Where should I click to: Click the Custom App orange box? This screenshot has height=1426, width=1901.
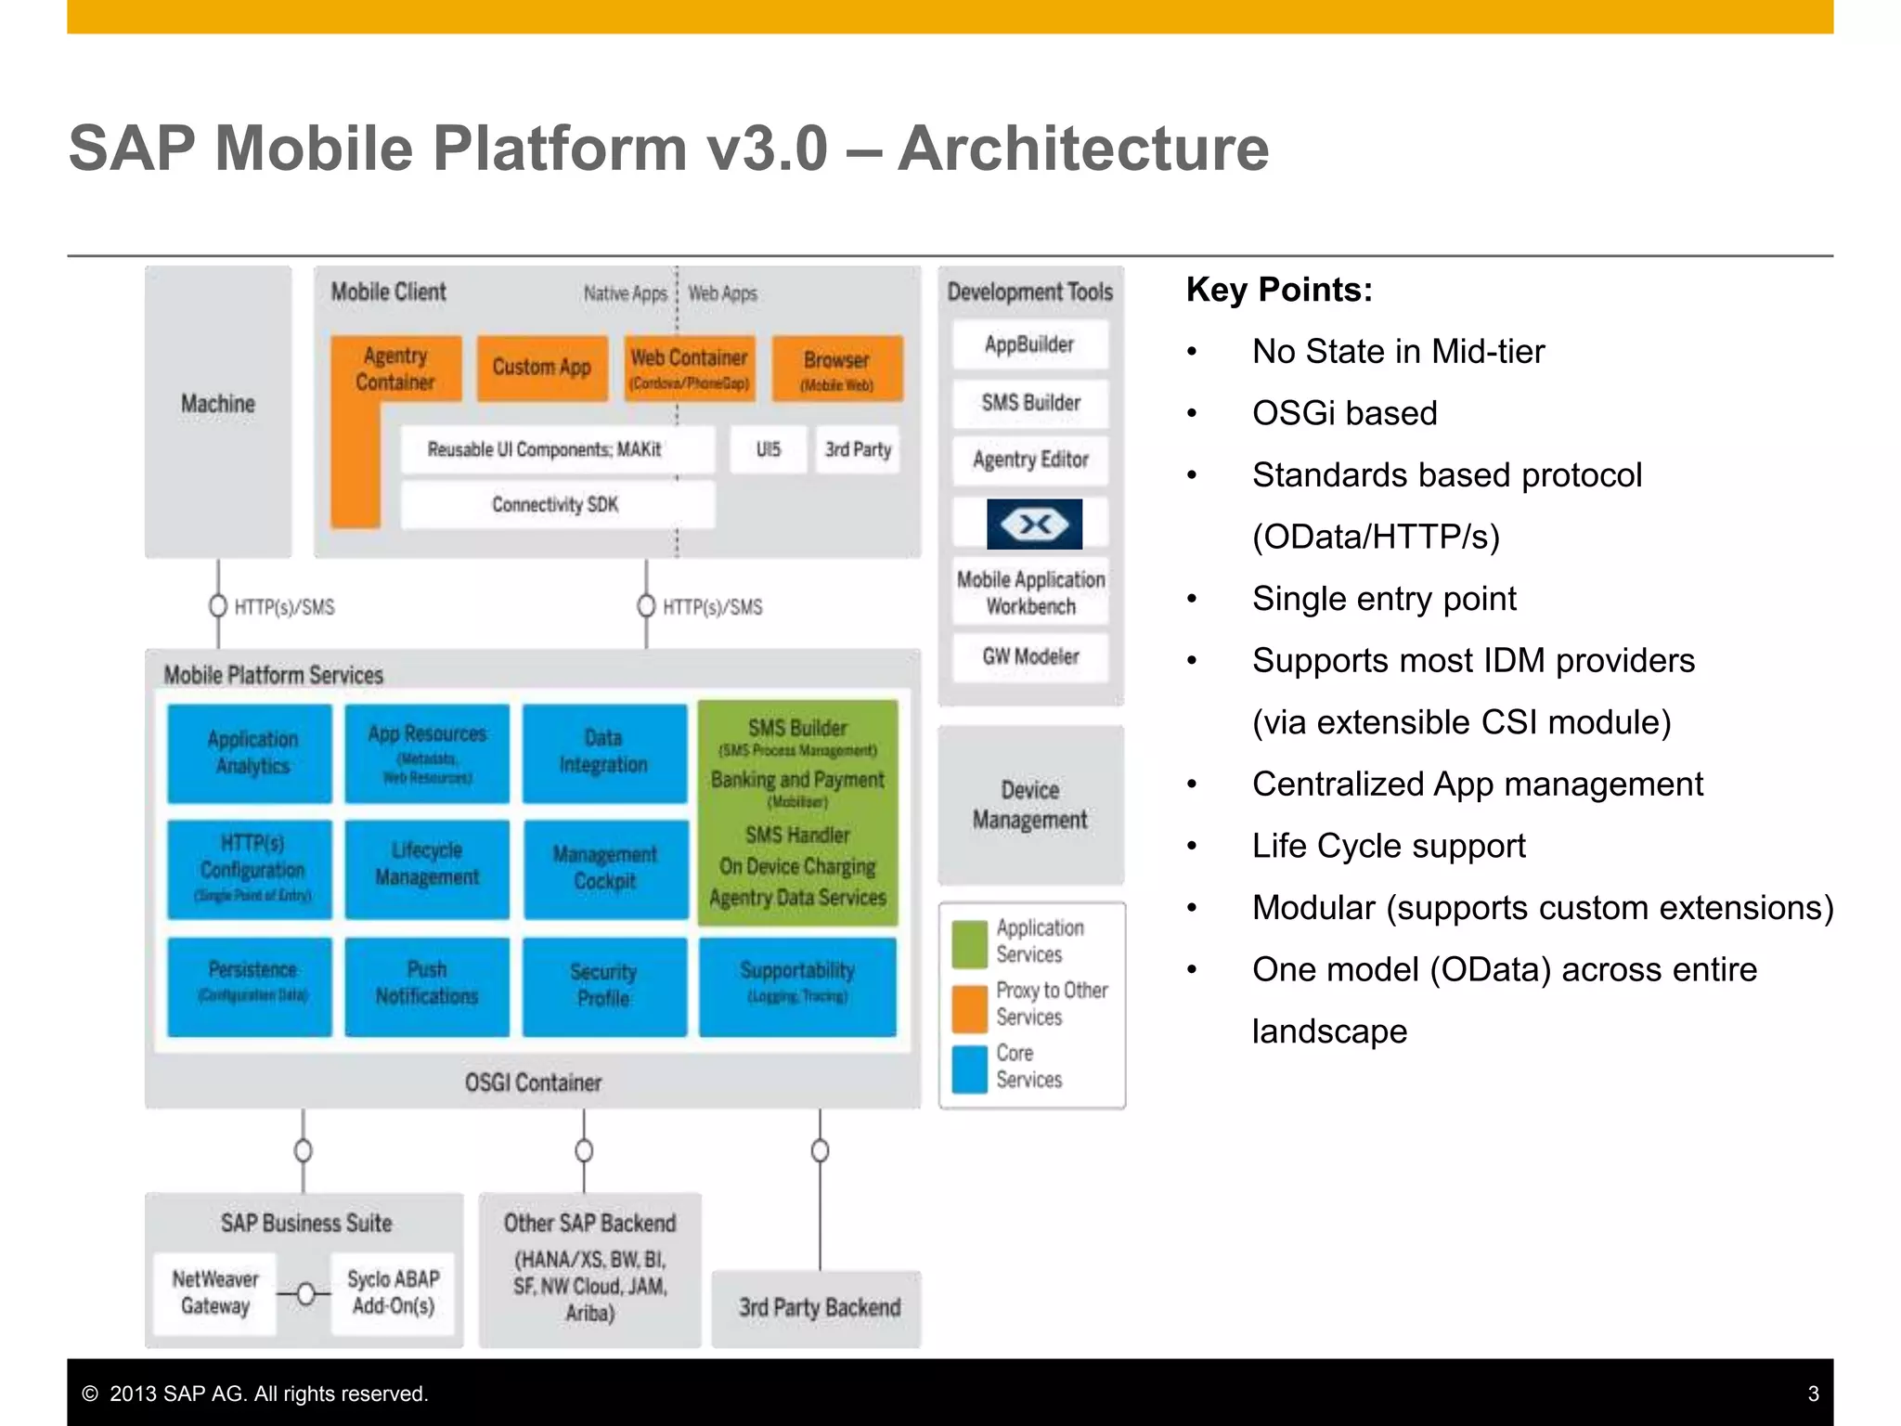click(x=542, y=368)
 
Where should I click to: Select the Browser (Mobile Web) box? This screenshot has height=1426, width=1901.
click(x=836, y=369)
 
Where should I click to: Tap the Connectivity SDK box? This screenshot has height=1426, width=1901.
click(x=556, y=504)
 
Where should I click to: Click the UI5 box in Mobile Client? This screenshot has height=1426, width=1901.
click(x=768, y=449)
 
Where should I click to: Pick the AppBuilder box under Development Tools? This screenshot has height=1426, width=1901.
click(x=1029, y=344)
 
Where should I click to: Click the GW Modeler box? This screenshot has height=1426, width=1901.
click(x=1030, y=656)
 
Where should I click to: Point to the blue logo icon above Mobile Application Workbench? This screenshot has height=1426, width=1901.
click(x=1034, y=525)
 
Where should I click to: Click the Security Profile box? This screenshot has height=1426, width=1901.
click(x=604, y=985)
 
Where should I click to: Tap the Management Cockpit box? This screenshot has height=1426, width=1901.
click(x=605, y=868)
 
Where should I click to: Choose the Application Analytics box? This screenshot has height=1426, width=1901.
click(x=251, y=753)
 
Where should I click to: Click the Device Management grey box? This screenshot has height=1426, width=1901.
click(x=1030, y=805)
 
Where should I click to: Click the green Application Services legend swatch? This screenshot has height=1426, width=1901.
click(x=970, y=942)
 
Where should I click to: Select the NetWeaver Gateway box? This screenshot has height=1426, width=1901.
click(x=215, y=1292)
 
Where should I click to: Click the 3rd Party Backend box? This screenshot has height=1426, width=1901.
click(x=818, y=1308)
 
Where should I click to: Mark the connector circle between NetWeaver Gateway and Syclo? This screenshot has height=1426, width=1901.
click(x=305, y=1293)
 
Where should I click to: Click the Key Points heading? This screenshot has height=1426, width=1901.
click(x=1279, y=290)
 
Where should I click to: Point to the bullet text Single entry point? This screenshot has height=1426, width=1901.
click(x=1383, y=599)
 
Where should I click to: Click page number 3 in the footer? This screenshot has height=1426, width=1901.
click(x=1813, y=1394)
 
